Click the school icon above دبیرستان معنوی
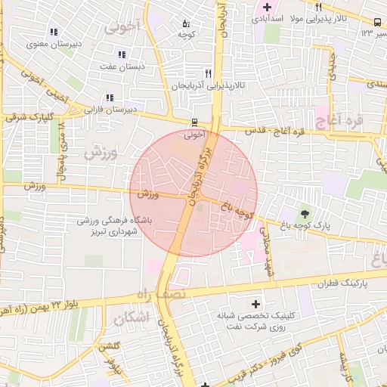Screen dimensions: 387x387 53,32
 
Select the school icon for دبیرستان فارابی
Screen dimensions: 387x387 110,98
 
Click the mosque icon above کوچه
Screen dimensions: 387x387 186,23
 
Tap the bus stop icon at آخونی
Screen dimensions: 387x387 194,122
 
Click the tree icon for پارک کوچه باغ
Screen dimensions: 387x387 305,215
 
